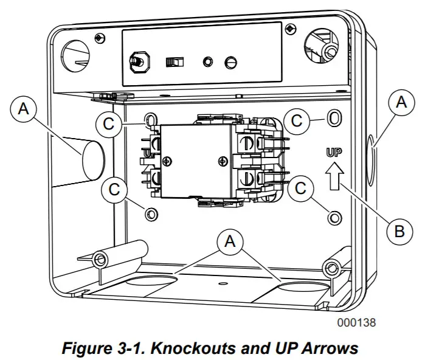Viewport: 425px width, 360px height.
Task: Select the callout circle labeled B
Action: coord(399,232)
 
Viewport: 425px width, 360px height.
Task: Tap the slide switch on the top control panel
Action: coord(175,62)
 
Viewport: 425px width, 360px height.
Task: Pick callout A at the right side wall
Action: coord(401,103)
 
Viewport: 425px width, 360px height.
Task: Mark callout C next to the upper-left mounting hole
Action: coord(108,123)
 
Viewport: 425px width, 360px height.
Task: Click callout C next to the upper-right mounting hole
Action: coord(296,120)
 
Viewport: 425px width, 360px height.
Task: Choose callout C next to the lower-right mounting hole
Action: coord(300,189)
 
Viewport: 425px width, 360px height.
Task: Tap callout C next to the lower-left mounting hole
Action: coord(114,189)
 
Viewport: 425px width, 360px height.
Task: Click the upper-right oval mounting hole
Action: coord(333,119)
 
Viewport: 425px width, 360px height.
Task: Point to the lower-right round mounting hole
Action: coord(333,217)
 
